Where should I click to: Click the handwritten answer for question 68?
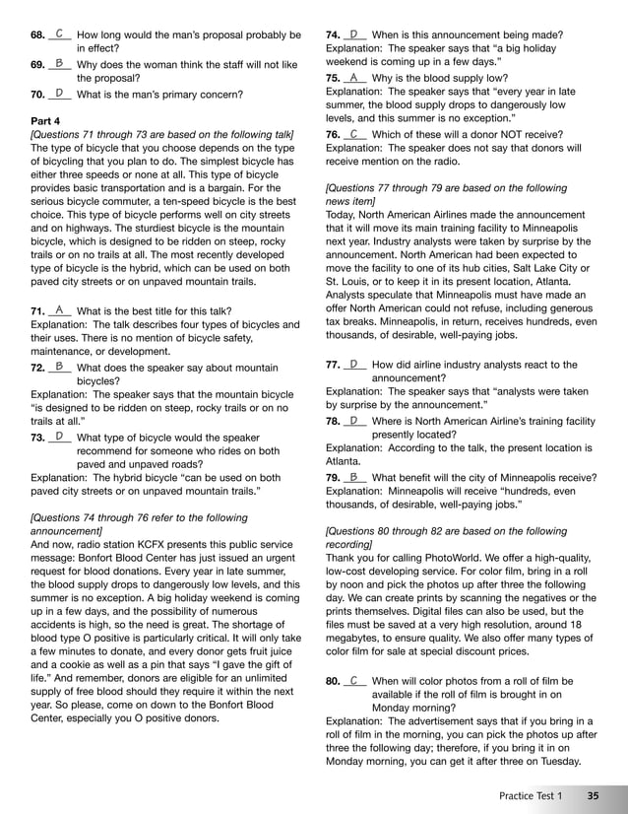(59, 34)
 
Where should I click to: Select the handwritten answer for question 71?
(59, 309)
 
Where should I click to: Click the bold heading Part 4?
(46, 120)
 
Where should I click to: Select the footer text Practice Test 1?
(531, 795)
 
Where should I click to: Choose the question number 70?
(37, 95)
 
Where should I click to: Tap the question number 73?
(37, 437)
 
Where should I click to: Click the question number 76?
(333, 134)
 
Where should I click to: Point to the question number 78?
(333, 421)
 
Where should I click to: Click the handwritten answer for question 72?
(59, 366)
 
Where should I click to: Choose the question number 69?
(37, 64)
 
